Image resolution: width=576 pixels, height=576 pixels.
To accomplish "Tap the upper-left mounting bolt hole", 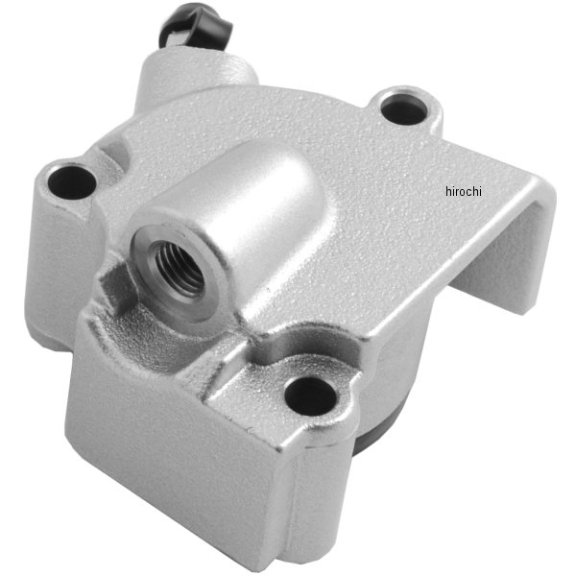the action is [x=72, y=182].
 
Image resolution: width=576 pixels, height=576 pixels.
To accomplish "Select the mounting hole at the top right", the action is [x=404, y=108].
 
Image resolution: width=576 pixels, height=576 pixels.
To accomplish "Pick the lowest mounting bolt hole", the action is [x=311, y=396].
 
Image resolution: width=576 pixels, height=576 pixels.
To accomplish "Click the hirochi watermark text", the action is [x=463, y=191].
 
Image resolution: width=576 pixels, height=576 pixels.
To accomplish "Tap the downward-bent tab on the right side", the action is [x=515, y=250].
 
